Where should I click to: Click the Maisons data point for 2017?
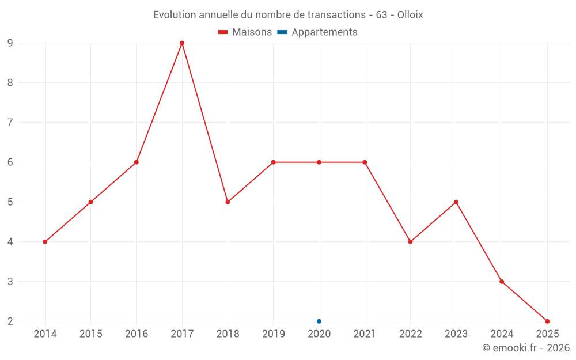click(x=182, y=43)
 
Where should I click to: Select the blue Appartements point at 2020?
click(x=319, y=321)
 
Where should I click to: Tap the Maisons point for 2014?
click(x=45, y=242)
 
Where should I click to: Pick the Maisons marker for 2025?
click(x=547, y=321)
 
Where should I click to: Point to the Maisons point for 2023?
click(x=456, y=202)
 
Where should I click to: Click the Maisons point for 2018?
click(x=228, y=202)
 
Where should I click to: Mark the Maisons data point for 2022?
click(x=410, y=242)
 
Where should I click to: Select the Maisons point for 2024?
click(x=502, y=282)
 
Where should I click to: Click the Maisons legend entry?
click(x=245, y=32)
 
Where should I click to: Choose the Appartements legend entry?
click(x=317, y=32)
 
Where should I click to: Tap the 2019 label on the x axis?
click(x=273, y=334)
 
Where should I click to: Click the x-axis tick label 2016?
click(x=137, y=334)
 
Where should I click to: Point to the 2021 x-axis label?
click(x=365, y=334)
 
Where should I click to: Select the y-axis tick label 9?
click(x=10, y=43)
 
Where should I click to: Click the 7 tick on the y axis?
click(x=10, y=123)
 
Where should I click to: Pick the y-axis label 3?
click(x=10, y=282)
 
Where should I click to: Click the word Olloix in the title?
click(x=410, y=15)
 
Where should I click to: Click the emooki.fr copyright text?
click(x=526, y=348)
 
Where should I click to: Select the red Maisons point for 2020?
click(x=319, y=162)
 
